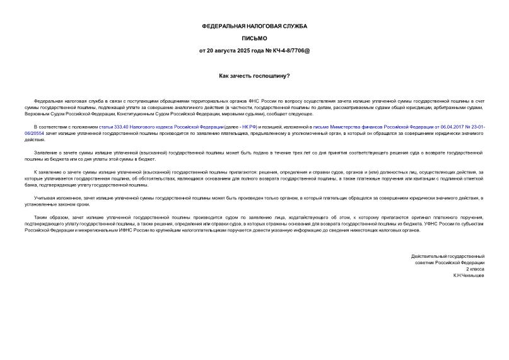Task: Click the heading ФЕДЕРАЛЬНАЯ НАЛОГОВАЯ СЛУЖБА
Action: [254, 26]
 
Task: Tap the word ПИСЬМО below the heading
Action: [254, 38]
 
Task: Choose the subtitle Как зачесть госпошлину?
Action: [254, 76]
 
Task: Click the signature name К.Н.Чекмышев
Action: [468, 276]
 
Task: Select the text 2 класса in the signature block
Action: [474, 269]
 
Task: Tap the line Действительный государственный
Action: [447, 256]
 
